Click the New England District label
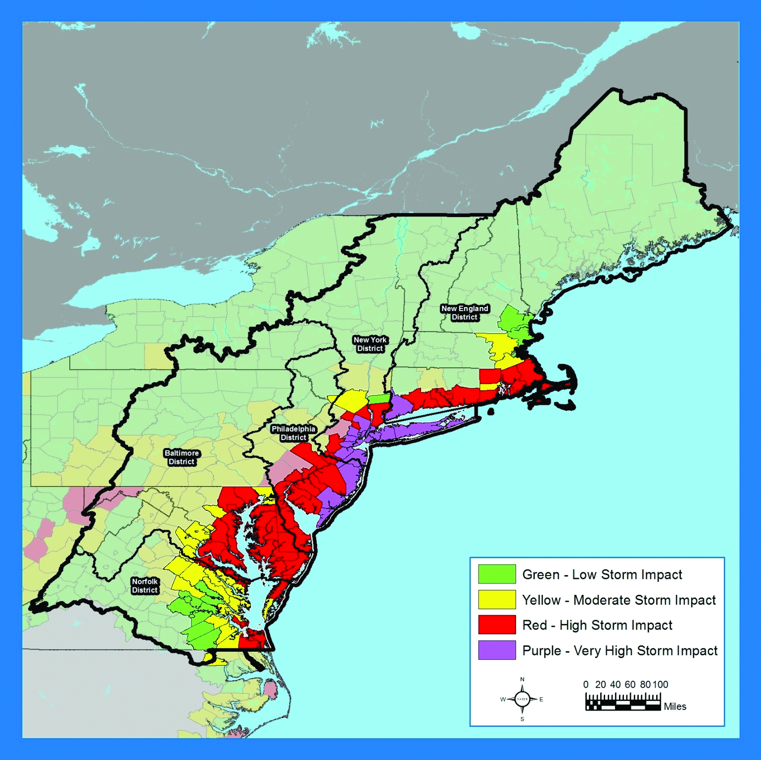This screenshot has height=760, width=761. click(464, 313)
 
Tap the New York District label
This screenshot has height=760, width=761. click(370, 344)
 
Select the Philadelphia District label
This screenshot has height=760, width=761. click(293, 433)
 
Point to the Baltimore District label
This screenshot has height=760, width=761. click(182, 457)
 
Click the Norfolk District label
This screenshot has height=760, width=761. click(144, 585)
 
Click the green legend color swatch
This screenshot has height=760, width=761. click(497, 574)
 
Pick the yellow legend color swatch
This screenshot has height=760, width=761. click(497, 600)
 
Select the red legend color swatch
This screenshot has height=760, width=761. click(497, 625)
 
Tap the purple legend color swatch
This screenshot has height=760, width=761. click(497, 650)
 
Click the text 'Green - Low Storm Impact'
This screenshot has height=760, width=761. click(602, 575)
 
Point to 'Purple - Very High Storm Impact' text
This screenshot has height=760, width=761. click(619, 651)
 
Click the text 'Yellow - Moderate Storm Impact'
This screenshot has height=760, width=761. click(619, 600)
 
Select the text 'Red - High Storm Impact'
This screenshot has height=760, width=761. click(597, 626)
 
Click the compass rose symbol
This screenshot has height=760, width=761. click(522, 699)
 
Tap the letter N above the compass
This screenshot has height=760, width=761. click(522, 679)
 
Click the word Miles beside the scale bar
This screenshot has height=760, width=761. click(675, 707)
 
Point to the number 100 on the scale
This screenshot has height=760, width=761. click(661, 685)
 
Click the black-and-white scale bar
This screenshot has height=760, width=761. click(623, 703)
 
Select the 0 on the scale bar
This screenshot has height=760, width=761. click(586, 685)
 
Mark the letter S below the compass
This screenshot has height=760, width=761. click(522, 719)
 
